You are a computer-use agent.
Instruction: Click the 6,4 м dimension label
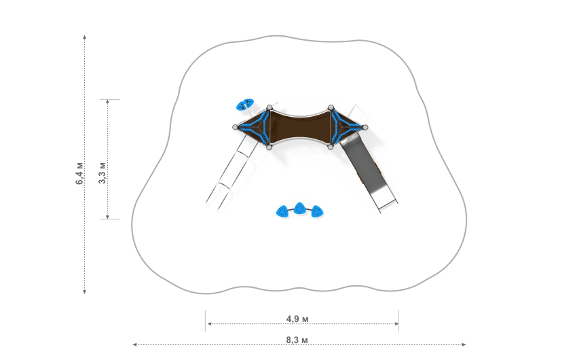(x=79, y=173)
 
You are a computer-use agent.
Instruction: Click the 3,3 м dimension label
(x=102, y=173)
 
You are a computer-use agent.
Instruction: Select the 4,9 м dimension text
(x=297, y=319)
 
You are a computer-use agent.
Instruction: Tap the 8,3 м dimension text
(x=297, y=340)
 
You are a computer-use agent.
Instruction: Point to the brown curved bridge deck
(x=300, y=127)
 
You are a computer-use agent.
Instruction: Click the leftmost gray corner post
(x=235, y=128)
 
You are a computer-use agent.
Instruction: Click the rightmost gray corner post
(x=365, y=128)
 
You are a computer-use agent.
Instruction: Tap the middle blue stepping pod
(x=300, y=208)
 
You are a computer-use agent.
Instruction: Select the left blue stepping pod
(x=282, y=211)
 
